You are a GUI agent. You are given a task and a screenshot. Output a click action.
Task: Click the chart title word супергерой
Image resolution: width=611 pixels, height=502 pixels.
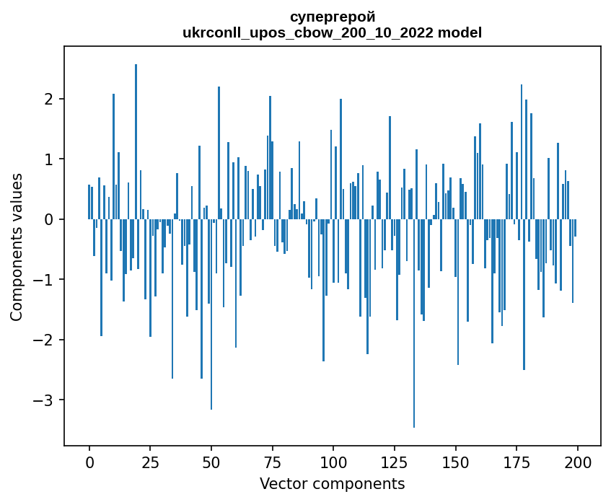tap(332, 17)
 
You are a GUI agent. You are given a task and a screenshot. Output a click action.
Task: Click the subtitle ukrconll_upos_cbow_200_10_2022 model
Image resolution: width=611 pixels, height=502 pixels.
tap(332, 32)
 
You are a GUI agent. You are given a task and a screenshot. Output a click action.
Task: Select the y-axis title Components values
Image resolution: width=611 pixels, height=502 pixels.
tap(17, 247)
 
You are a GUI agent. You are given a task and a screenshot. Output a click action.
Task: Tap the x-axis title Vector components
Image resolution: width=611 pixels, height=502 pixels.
tap(332, 483)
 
